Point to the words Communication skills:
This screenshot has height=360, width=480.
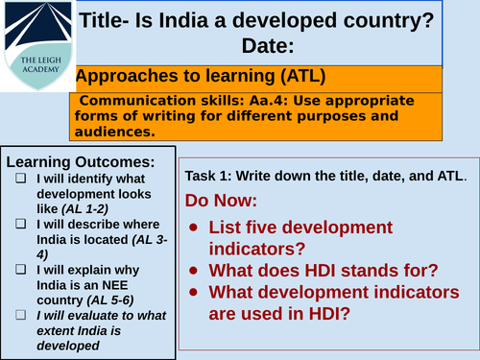click(x=146, y=101)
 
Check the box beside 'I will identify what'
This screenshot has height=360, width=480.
click(x=21, y=178)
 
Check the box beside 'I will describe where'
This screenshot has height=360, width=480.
click(x=21, y=224)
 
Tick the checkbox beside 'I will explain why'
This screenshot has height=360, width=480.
click(x=21, y=270)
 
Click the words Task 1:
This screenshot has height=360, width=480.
click(x=214, y=177)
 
